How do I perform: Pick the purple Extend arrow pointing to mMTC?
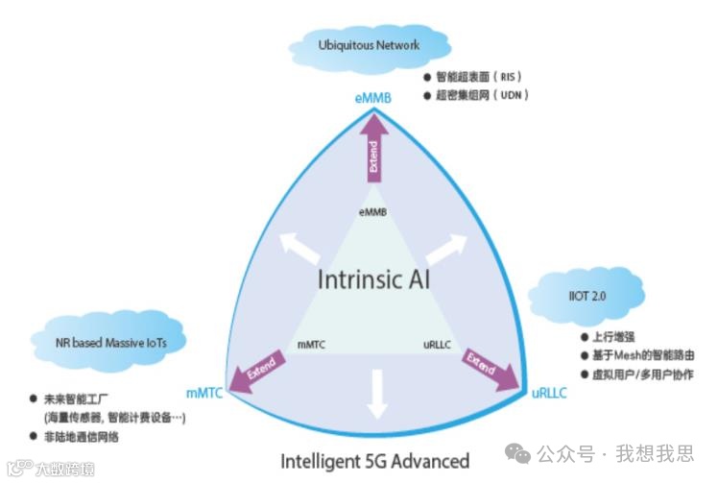coord(258,370)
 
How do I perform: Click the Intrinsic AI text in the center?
coord(374,281)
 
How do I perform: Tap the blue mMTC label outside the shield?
coord(204,393)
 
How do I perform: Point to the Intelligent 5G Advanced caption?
coord(375,460)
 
